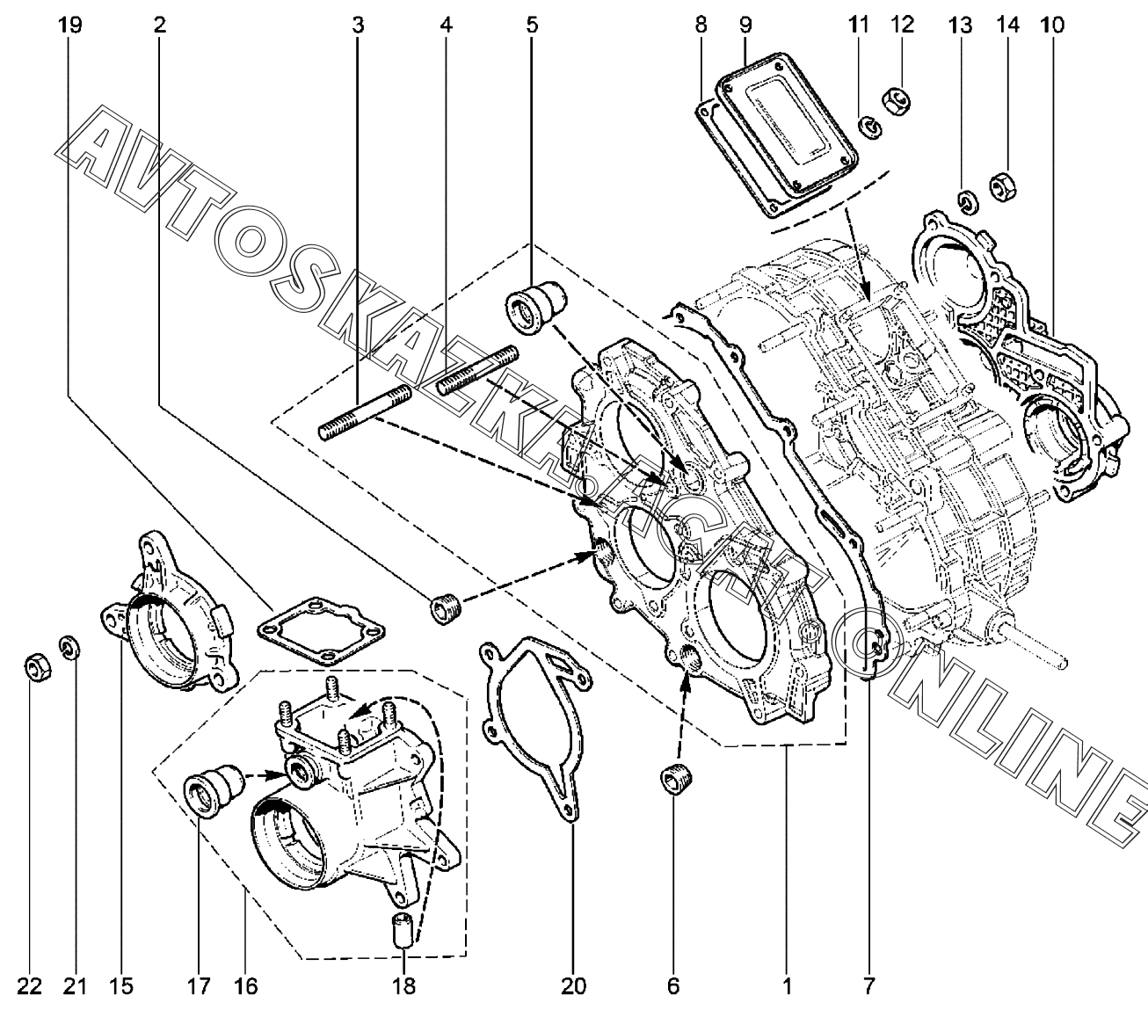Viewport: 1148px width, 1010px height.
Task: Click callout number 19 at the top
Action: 70,25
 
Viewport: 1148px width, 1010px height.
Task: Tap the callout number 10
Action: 1052,25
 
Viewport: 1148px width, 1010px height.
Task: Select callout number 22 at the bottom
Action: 30,987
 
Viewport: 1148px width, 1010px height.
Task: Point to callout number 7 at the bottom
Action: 868,987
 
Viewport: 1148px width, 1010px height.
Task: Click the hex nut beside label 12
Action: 896,101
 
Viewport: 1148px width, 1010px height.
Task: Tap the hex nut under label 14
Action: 1002,186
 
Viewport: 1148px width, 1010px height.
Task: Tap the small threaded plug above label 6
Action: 675,780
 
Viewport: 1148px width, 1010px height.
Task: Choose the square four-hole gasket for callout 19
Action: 321,631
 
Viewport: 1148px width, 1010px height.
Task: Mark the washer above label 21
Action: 69,647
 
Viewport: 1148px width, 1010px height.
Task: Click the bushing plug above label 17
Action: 214,789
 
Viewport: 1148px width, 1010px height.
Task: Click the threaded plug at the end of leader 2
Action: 446,608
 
